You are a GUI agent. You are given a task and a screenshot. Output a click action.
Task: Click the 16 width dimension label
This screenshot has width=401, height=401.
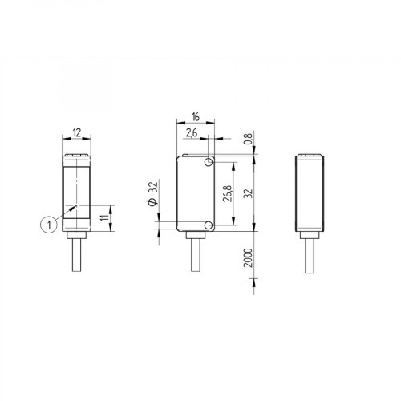195,115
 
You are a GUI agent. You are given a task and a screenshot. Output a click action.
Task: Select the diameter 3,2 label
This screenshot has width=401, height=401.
152,194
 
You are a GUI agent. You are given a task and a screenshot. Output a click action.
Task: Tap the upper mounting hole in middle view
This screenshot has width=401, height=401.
209,164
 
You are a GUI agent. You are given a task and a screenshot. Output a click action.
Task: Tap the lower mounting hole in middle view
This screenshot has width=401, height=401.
209,226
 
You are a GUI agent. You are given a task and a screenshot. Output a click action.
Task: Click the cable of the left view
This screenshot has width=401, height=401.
78,261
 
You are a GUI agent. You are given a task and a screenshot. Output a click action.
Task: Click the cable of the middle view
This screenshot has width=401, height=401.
195,261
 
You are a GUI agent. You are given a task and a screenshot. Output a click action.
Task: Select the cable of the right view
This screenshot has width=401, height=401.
310,261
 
